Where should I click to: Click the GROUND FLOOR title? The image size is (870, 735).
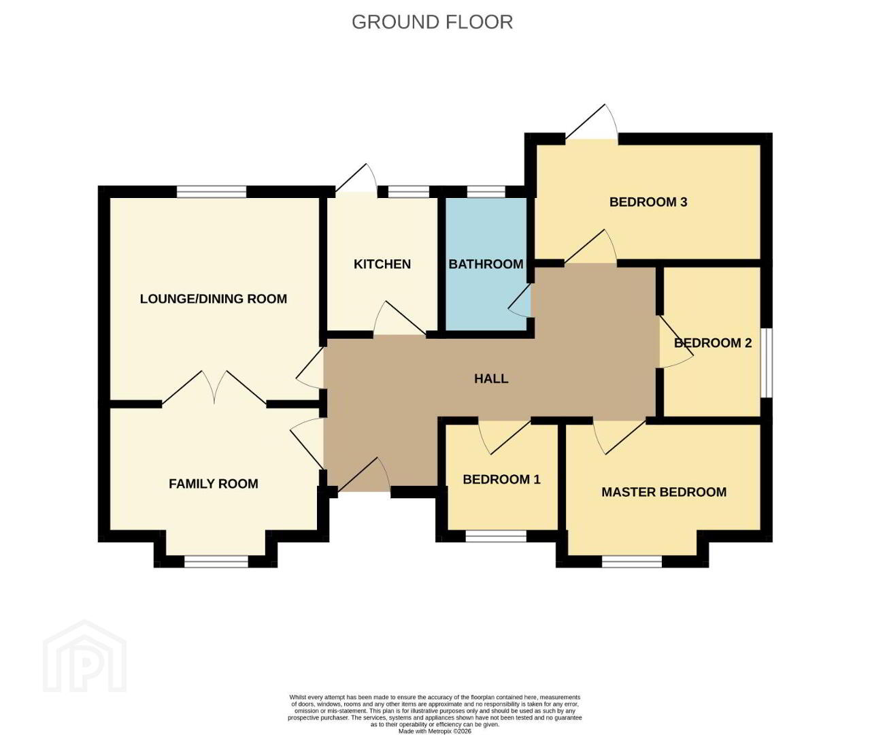(x=432, y=22)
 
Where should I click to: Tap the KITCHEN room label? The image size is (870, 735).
(x=382, y=264)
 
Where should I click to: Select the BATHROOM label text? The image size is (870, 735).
(x=486, y=264)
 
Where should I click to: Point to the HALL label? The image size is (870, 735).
(x=491, y=378)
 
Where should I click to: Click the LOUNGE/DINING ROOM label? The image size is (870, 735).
(x=214, y=299)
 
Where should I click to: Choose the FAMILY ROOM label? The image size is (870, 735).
(x=214, y=484)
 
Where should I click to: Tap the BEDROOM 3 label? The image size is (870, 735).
(x=648, y=202)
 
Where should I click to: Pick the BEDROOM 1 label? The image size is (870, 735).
(x=501, y=479)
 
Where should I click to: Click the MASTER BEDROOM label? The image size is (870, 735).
(x=664, y=492)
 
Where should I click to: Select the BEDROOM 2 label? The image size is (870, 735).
(x=713, y=343)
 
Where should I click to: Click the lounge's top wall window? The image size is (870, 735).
(x=212, y=192)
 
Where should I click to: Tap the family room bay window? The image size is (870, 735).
(x=216, y=562)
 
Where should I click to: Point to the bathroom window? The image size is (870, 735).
(x=486, y=192)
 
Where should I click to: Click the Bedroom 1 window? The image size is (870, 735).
(x=496, y=536)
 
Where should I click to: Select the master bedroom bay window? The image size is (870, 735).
(x=632, y=562)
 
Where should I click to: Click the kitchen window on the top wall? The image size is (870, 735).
(x=409, y=192)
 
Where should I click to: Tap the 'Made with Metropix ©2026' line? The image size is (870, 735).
(x=435, y=731)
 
